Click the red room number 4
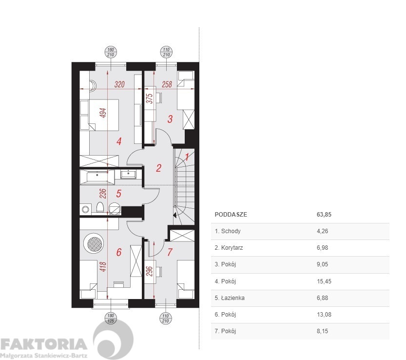tap(119, 141)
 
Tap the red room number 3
tap(170, 119)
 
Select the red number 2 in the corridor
tap(158, 168)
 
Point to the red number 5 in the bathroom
tap(118, 193)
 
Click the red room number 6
tap(119, 252)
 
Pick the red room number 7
tap(170, 252)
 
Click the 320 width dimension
tap(119, 84)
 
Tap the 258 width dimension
tap(167, 84)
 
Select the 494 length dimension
tap(103, 113)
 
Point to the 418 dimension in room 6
tap(103, 267)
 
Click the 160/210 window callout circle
tap(111, 52)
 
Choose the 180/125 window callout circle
tap(111, 318)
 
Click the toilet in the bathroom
tap(100, 208)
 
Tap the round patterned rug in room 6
tap(94, 243)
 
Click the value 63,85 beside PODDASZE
tap(324, 215)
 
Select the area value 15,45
tap(324, 281)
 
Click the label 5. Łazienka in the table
tap(230, 298)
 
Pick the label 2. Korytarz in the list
tap(229, 247)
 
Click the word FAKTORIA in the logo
tap(43, 344)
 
